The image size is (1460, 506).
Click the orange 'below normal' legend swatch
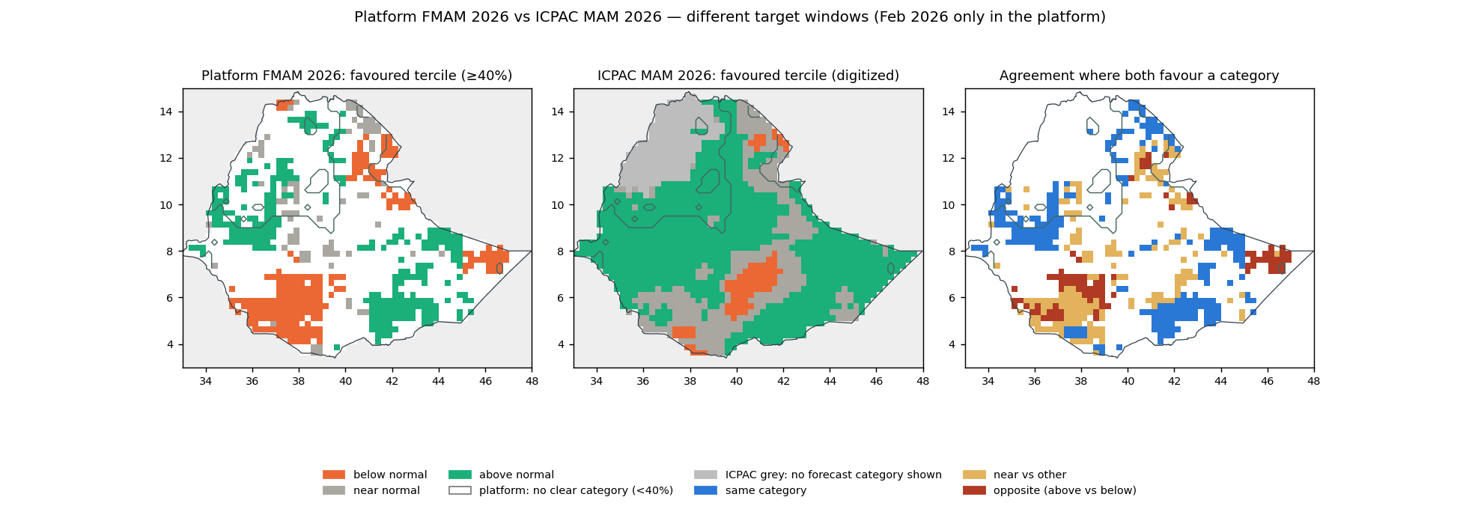tap(334, 475)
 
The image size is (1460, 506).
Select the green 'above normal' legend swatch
tap(460, 475)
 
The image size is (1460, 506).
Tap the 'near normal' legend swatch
tap(334, 490)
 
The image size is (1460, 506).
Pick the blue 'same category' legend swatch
tap(705, 490)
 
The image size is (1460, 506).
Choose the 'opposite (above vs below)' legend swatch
tap(974, 490)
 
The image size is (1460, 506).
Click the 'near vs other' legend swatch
tap(974, 475)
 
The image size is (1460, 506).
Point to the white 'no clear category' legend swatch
tap(460, 490)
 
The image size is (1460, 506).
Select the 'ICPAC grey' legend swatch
tap(705, 475)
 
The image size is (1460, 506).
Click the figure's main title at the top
tap(730, 16)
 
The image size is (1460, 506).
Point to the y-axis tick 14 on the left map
tap(166, 112)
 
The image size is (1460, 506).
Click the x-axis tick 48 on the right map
tap(1314, 381)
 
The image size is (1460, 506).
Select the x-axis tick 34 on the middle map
tap(597, 381)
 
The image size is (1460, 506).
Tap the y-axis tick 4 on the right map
tap(952, 344)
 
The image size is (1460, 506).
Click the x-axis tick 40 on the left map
tap(345, 381)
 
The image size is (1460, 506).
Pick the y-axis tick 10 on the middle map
tap(557, 205)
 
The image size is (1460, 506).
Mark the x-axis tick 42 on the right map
tap(1174, 381)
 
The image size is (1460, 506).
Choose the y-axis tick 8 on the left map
tap(170, 252)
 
